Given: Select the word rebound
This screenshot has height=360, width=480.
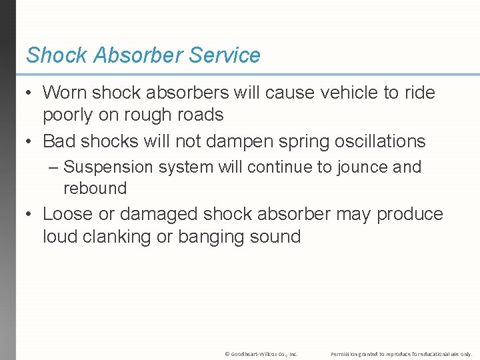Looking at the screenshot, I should pos(95,188).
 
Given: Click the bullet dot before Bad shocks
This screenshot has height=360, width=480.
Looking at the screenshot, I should pos(29,141).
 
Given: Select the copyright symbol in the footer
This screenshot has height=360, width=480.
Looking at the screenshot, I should pos(227,353).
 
